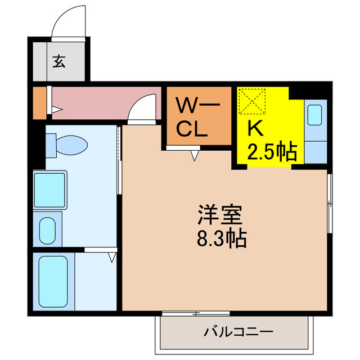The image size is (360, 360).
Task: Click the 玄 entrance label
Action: [58, 61]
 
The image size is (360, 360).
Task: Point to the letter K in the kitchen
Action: [256, 129]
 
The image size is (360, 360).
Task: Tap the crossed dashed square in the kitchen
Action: [253, 102]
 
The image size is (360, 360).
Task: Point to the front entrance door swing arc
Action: [69, 22]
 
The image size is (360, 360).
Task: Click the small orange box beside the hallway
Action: [38, 102]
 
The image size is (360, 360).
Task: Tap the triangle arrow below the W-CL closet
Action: [195, 155]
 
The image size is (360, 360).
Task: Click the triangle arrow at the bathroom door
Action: [112, 258]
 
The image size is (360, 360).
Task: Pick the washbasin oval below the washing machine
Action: [47, 229]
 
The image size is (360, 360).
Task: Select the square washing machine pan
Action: [50, 190]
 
